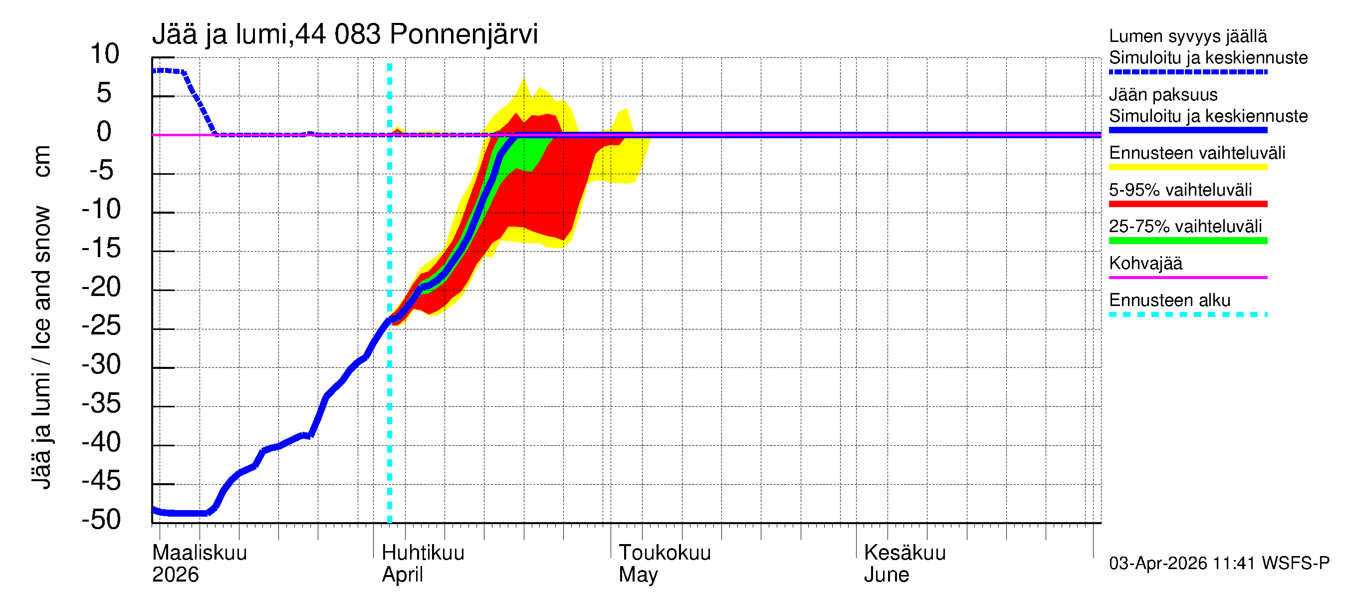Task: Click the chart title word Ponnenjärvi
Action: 463,34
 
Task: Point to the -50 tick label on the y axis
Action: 101,520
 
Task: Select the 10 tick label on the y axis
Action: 105,54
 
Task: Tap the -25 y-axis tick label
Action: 101,326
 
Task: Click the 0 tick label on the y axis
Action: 104,131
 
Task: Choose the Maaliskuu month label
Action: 199,553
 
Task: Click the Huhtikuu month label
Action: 423,553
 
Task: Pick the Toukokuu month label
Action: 665,553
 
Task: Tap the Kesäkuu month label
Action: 904,553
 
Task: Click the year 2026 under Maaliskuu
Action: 175,575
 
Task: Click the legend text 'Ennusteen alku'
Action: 1169,300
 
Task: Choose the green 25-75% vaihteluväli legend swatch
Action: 1187,241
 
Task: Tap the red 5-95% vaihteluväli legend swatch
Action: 1187,204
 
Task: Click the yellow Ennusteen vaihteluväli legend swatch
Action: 1187,167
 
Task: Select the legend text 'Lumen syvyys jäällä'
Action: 1187,36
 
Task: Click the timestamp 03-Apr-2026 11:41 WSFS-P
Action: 1219,563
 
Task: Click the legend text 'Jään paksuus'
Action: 1163,95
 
